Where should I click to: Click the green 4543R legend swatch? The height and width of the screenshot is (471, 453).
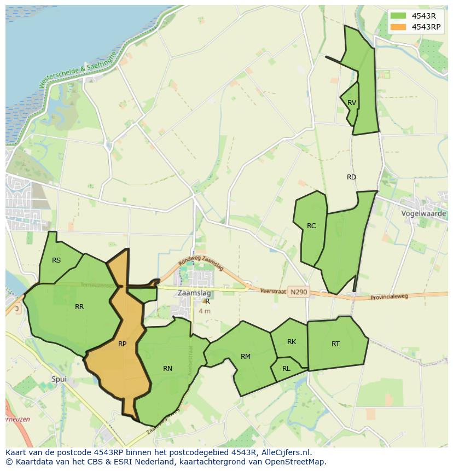pyautogui.click(x=398, y=16)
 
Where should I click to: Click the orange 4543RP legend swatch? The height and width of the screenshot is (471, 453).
pyautogui.click(x=398, y=27)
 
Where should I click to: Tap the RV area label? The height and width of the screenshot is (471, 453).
pyautogui.click(x=352, y=103)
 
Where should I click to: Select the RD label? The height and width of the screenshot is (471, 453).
pyautogui.click(x=351, y=177)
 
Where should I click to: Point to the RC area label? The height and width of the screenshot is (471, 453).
pyautogui.click(x=311, y=226)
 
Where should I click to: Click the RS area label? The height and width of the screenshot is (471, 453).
pyautogui.click(x=56, y=260)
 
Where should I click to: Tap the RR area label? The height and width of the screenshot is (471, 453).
pyautogui.click(x=79, y=307)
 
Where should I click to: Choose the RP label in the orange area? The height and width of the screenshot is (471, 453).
pyautogui.click(x=122, y=344)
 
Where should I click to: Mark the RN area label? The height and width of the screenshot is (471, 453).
pyautogui.click(x=167, y=369)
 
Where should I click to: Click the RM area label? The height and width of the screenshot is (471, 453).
pyautogui.click(x=246, y=357)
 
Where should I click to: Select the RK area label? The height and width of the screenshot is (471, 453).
pyautogui.click(x=292, y=342)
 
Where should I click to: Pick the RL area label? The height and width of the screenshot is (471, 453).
pyautogui.click(x=286, y=369)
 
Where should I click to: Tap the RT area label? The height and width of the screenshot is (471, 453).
pyautogui.click(x=335, y=344)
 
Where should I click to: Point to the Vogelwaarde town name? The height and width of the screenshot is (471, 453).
pyautogui.click(x=423, y=213)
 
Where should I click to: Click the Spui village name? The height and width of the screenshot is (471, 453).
pyautogui.click(x=59, y=379)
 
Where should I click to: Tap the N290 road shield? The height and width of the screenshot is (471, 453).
pyautogui.click(x=299, y=292)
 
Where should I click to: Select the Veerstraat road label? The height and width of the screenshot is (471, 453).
pyautogui.click(x=274, y=292)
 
